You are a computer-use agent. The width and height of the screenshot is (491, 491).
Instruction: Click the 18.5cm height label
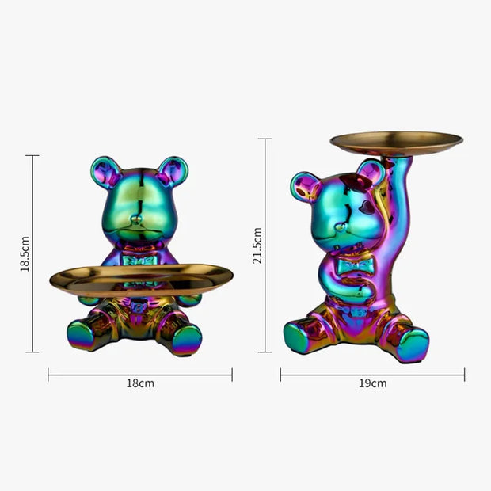tap(25, 253)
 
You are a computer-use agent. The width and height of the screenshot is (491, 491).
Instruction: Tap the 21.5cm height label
tap(257, 246)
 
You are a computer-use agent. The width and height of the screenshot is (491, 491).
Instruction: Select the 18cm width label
tap(140, 383)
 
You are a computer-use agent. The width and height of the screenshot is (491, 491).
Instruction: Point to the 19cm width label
tap(372, 383)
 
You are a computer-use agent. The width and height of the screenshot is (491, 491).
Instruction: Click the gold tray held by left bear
tap(141, 278)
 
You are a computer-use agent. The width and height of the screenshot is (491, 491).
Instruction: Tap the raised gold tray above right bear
tap(396, 143)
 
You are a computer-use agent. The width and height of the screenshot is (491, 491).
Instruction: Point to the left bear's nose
tap(138, 216)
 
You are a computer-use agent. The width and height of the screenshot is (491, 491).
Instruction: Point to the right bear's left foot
tap(300, 337)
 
